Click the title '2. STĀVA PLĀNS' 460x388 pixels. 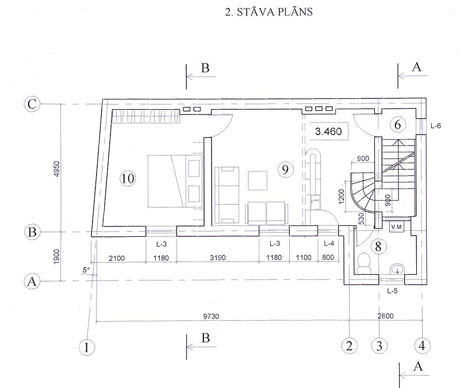point(269,12)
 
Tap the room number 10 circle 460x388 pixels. point(128,178)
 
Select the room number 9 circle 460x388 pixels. point(285,169)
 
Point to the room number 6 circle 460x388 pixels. point(397,124)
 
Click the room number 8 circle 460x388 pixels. point(378,247)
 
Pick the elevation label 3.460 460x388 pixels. point(328,131)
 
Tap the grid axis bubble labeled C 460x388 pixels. point(32,104)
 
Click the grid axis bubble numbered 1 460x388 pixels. point(87,348)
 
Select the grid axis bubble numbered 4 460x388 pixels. point(422,346)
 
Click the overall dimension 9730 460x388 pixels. point(211,317)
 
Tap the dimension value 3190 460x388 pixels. point(218,258)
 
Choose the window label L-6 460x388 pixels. point(436,126)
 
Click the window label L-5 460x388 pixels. point(392,291)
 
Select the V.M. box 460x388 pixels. point(397,227)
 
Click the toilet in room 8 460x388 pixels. point(364,263)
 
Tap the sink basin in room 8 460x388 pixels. point(397,269)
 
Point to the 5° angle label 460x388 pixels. point(86,270)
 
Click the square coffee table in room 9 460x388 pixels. point(258,180)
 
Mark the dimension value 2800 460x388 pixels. point(385,316)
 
